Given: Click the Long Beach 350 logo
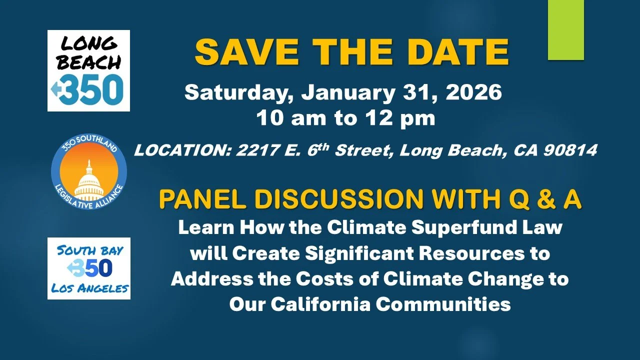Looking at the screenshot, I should (88, 70).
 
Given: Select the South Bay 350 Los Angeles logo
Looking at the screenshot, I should (88, 268).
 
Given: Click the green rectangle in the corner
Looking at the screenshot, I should (565, 30).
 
